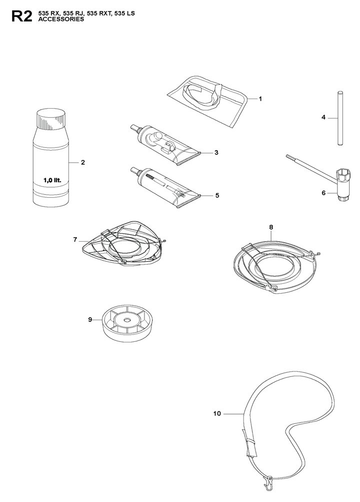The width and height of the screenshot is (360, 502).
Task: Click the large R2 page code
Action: pyautogui.click(x=21, y=17)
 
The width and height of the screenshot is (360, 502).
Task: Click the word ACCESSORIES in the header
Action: pyautogui.click(x=61, y=19)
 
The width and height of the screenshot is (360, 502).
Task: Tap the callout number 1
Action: pyautogui.click(x=260, y=99)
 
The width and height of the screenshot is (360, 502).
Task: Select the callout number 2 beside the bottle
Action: pyautogui.click(x=83, y=163)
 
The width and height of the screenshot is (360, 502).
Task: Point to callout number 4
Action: pyautogui.click(x=323, y=118)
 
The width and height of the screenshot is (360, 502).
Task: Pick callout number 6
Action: pyautogui.click(x=323, y=193)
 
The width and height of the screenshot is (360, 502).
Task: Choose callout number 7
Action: pyautogui.click(x=75, y=239)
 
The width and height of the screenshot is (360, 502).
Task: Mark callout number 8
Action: pyautogui.click(x=271, y=227)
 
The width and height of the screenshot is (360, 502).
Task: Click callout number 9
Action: pyautogui.click(x=90, y=319)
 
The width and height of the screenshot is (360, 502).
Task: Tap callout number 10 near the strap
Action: pyautogui.click(x=217, y=413)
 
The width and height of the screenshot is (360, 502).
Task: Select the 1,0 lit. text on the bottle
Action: pyautogui.click(x=52, y=181)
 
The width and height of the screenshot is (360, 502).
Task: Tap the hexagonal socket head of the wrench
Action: pyautogui.click(x=344, y=176)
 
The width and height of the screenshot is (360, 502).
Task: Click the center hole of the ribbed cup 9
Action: pyautogui.click(x=127, y=320)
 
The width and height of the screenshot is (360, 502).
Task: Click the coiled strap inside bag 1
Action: pyautogui.click(x=201, y=95)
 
